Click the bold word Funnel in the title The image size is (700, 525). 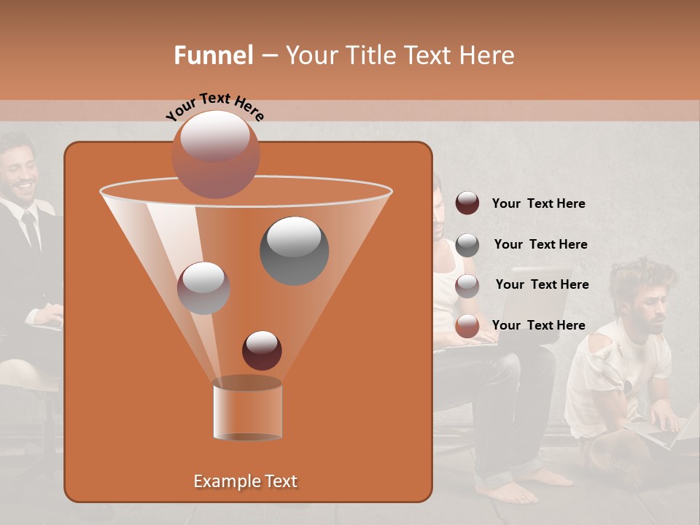pos(213,55)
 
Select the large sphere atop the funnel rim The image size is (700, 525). pos(215,154)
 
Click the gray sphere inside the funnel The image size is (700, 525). pos(294,250)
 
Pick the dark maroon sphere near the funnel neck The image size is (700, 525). pos(262,350)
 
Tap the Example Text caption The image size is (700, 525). pos(245,481)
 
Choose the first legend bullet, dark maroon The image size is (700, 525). pos(467,203)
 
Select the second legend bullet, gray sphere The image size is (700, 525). pos(467,245)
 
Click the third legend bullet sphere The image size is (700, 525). pos(467,286)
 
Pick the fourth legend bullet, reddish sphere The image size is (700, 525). pos(467,326)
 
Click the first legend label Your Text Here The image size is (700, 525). pos(538,204)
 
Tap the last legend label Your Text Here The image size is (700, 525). pos(538,325)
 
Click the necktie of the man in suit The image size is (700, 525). pos(30,230)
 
